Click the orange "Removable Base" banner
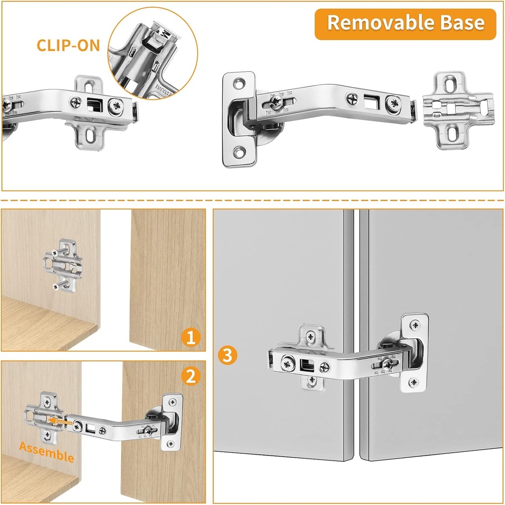405,24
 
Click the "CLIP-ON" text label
68,45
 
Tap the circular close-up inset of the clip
153,52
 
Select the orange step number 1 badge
190,338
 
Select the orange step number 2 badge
190,376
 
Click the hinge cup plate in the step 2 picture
171,422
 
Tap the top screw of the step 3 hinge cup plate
416,325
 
